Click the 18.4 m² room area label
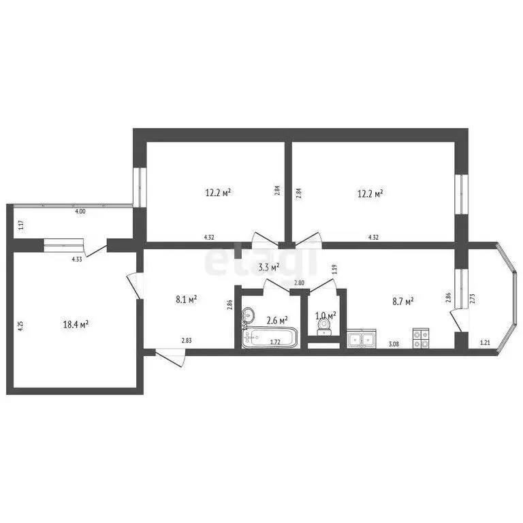click(75, 325)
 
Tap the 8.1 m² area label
click(186, 298)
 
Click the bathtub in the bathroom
click(271, 338)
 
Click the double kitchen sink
click(361, 338)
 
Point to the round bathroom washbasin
click(249, 315)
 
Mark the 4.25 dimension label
click(21, 325)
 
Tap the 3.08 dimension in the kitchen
click(394, 345)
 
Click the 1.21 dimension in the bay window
click(484, 343)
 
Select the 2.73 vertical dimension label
click(472, 298)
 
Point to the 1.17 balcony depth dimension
click(21, 224)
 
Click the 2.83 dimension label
click(186, 340)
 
